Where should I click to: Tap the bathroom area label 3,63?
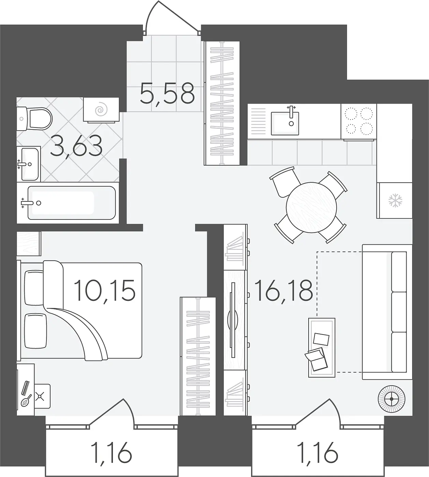(x=76, y=147)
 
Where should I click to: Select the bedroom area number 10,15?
(x=104, y=291)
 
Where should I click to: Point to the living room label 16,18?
(x=284, y=291)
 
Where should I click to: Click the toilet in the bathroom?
(x=34, y=119)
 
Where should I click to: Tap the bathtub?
(x=68, y=203)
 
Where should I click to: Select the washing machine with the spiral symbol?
(x=101, y=110)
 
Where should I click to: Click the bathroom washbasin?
(x=29, y=164)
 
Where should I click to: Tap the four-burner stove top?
(x=358, y=121)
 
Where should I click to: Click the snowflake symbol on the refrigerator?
(x=395, y=201)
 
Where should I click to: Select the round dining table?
(x=311, y=207)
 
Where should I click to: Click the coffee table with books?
(x=322, y=348)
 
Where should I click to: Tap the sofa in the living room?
(x=387, y=312)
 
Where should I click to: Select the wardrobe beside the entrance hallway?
(x=222, y=103)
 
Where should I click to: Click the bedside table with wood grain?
(x=29, y=244)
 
